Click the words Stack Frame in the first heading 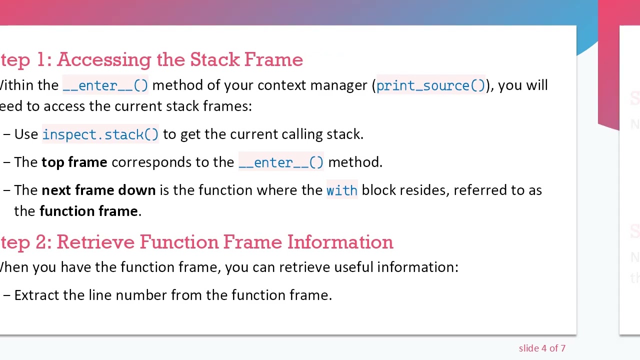click(246, 59)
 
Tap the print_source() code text click(430, 85)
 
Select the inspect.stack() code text click(100, 134)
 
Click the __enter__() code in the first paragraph click(105, 85)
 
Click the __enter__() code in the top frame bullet click(281, 162)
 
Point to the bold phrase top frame click(74, 162)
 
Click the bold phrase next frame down click(98, 190)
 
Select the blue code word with click(341, 190)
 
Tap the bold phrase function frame click(88, 211)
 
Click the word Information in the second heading click(340, 242)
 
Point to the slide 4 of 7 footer click(542, 348)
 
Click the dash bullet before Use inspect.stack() click(6, 134)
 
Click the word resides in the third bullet click(422, 190)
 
